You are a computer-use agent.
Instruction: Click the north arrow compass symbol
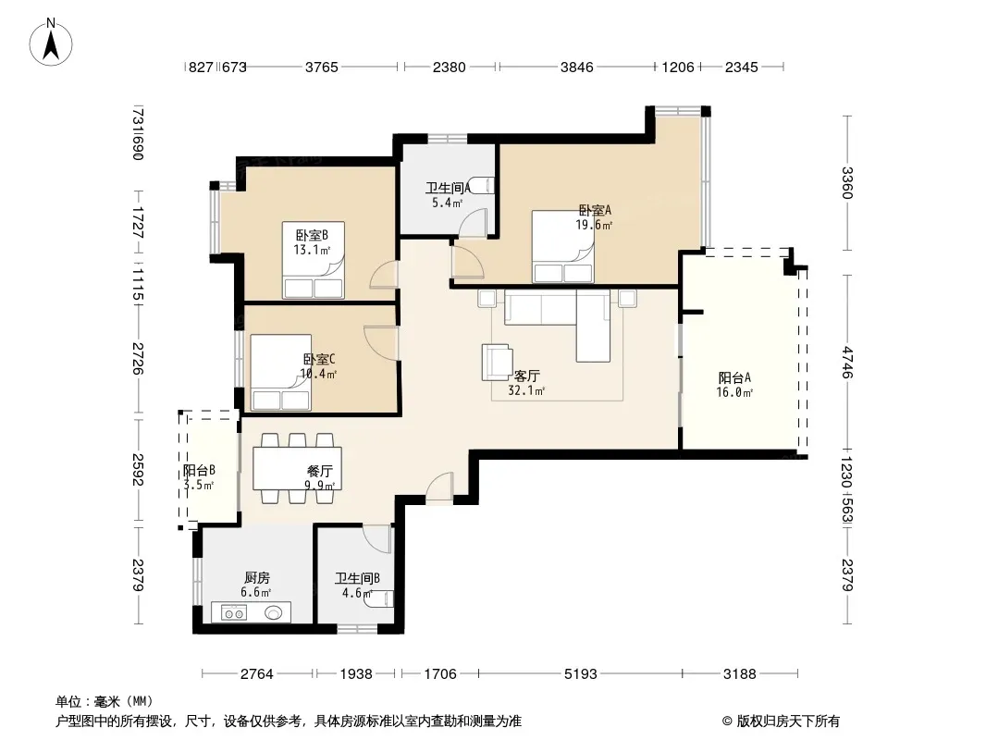pyautogui.click(x=51, y=43)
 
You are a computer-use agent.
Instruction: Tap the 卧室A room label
pyautogui.click(x=595, y=210)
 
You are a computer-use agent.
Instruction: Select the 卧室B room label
pyautogui.click(x=312, y=235)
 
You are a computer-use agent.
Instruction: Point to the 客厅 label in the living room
pyautogui.click(x=526, y=376)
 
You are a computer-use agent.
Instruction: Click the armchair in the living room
pyautogui.click(x=497, y=363)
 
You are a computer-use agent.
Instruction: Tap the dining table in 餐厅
pyautogui.click(x=298, y=468)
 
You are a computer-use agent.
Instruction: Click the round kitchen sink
pyautogui.click(x=274, y=611)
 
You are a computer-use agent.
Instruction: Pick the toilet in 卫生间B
pyautogui.click(x=380, y=598)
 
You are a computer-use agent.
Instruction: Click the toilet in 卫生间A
pyautogui.click(x=482, y=186)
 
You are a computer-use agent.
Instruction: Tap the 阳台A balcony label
pyautogui.click(x=734, y=377)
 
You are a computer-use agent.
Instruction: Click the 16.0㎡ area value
pyautogui.click(x=734, y=392)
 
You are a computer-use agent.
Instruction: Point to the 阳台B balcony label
pyautogui.click(x=200, y=470)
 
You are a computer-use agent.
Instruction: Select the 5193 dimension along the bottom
pyautogui.click(x=580, y=674)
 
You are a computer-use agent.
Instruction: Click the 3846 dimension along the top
pyautogui.click(x=576, y=67)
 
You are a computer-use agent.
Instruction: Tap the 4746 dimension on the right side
pyautogui.click(x=847, y=363)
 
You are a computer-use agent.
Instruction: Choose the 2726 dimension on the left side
pyautogui.click(x=139, y=358)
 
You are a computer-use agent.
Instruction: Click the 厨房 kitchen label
pyautogui.click(x=256, y=577)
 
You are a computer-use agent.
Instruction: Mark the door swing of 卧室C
pyautogui.click(x=379, y=342)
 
